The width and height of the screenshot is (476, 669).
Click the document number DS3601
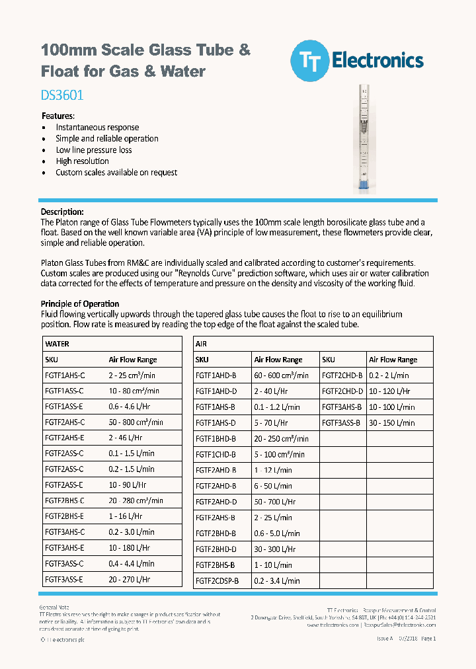tap(62, 95)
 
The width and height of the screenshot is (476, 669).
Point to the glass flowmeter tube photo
tap(362, 139)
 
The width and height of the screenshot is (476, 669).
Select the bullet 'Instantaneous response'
tap(97, 127)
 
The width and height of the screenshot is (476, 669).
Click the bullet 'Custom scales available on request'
tap(116, 172)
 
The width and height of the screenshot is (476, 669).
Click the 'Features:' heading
tap(58, 116)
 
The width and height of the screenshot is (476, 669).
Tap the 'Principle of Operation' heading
tap(80, 304)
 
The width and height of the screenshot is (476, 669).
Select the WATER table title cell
tap(57, 344)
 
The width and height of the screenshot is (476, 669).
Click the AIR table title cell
tap(202, 344)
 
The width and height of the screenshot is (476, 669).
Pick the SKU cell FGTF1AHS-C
tap(65, 375)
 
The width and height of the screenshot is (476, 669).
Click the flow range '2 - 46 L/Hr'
tap(126, 438)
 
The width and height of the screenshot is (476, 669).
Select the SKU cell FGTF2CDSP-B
tap(217, 580)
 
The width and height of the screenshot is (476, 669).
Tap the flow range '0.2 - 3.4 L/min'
tap(277, 580)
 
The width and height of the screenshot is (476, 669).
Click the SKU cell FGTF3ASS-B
tap(341, 422)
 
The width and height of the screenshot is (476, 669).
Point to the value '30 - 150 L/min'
tap(392, 422)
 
